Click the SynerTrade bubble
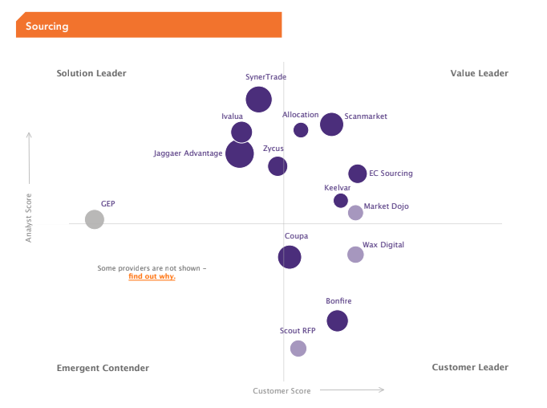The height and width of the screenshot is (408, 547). click(x=258, y=100)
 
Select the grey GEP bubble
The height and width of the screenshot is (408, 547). click(x=95, y=219)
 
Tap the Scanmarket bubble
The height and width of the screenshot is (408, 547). click(x=331, y=124)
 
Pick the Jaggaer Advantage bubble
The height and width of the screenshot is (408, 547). click(x=240, y=153)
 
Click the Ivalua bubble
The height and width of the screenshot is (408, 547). click(x=241, y=132)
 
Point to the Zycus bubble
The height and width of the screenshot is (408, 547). click(x=278, y=166)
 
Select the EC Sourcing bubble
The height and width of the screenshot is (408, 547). click(x=358, y=173)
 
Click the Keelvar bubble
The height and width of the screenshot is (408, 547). click(x=341, y=201)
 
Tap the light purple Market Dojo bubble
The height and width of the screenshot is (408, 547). click(x=355, y=213)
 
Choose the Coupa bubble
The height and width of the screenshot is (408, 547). click(x=290, y=257)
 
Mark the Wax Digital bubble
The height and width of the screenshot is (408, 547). click(x=355, y=255)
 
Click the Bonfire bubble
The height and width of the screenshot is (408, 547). click(x=338, y=320)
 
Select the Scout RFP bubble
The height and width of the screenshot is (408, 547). click(x=298, y=349)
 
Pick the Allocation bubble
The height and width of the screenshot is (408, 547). click(x=301, y=130)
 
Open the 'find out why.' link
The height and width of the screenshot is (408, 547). click(x=152, y=276)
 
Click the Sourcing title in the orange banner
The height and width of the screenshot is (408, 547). click(x=47, y=27)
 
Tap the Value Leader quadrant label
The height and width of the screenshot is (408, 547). click(x=480, y=73)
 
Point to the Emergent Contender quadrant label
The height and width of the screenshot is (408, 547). click(x=103, y=368)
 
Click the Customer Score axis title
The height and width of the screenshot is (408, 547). click(x=282, y=391)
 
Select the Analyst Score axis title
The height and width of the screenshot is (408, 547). click(x=29, y=218)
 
